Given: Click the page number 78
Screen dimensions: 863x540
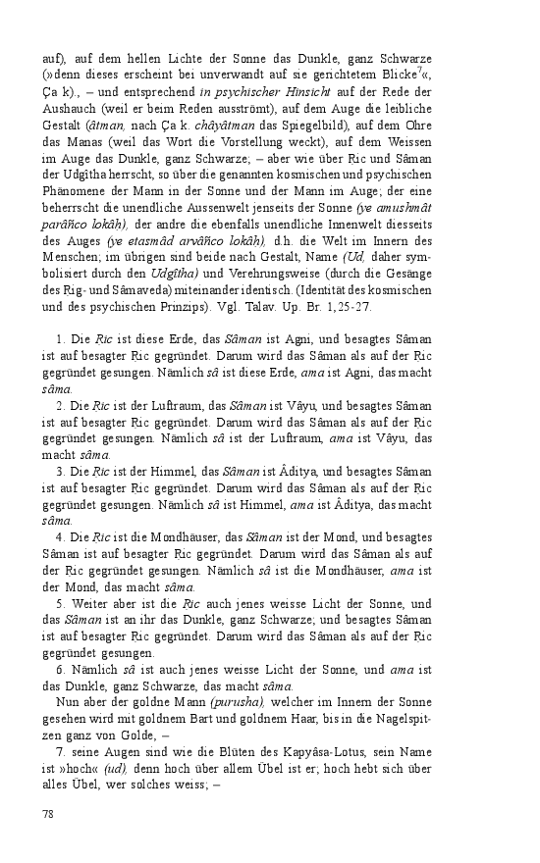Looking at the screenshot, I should pyautogui.click(x=49, y=813).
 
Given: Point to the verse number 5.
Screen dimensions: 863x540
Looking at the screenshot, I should pyautogui.click(x=61, y=603).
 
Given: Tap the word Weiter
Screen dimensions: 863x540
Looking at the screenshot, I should pyautogui.click(x=90, y=603).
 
